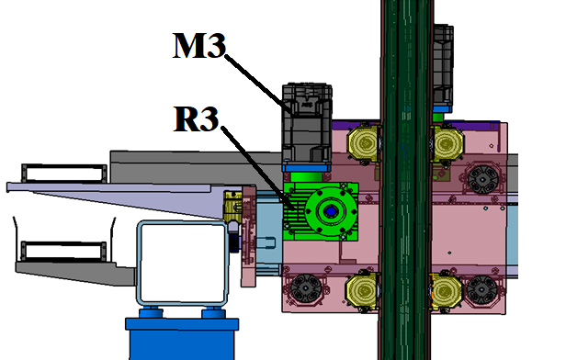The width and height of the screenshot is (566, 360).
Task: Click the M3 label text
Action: tap(199, 45)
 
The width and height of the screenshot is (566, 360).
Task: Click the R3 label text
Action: tap(197, 118)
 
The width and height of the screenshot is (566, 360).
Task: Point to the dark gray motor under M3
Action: tap(307, 124)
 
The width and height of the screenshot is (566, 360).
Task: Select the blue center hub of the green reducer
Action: tap(330, 211)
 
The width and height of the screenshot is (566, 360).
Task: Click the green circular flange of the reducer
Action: tap(331, 211)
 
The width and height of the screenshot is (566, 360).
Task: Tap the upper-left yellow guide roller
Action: tap(364, 143)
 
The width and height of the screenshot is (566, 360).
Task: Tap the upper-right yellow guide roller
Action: tap(447, 143)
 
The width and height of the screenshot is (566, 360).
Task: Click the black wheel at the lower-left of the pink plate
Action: tap(306, 287)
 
